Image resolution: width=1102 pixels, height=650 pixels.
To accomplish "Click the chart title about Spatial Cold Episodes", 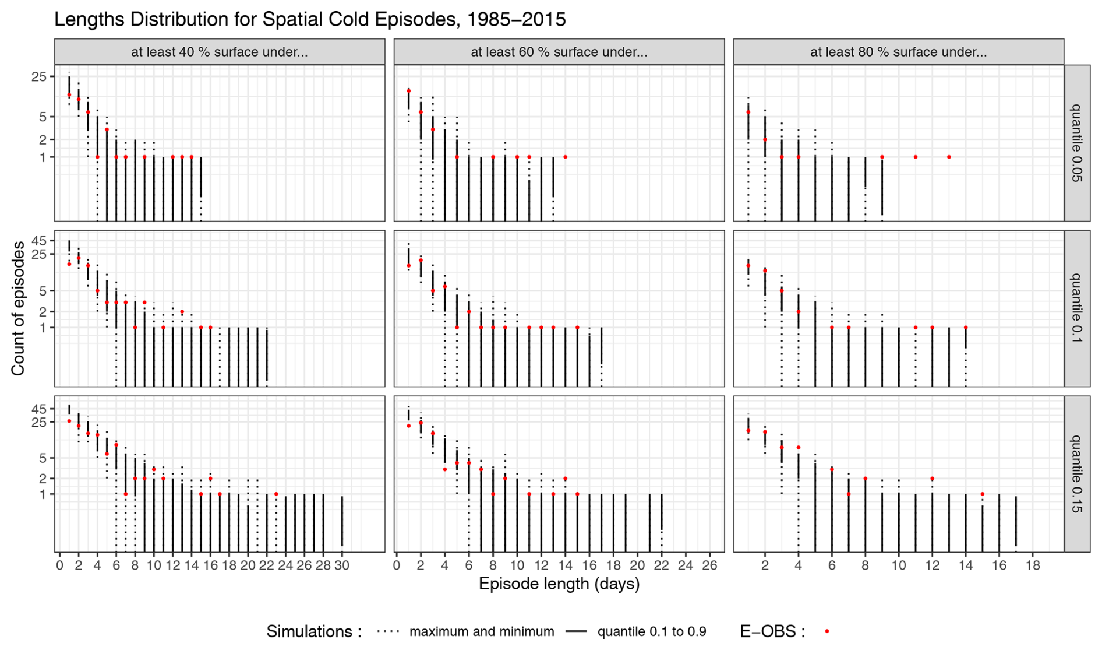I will click(x=310, y=19).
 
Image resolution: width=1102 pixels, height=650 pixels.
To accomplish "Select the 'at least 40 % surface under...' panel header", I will click(x=220, y=52).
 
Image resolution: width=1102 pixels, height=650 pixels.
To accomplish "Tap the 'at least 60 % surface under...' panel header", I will click(x=559, y=52).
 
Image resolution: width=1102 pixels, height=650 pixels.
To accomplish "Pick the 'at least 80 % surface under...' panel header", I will click(x=898, y=52).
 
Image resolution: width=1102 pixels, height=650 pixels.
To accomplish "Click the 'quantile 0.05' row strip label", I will click(x=1077, y=143).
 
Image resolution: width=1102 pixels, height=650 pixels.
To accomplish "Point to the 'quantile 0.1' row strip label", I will click(x=1077, y=308).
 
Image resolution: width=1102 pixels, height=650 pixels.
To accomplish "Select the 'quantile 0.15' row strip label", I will click(x=1077, y=473).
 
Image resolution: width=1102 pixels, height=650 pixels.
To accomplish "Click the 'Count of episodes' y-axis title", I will click(x=18, y=308).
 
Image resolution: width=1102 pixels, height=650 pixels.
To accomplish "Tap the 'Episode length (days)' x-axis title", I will click(x=559, y=584).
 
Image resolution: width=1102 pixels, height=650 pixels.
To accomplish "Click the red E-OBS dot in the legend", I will click(x=827, y=631).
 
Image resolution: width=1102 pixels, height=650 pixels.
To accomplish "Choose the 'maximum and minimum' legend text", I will click(x=482, y=631).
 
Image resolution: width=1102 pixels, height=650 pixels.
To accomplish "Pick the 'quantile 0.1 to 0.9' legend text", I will click(x=652, y=631).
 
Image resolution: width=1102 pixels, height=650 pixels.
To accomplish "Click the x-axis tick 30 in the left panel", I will click(x=342, y=565).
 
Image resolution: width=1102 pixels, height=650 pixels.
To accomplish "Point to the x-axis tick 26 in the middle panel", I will click(x=709, y=565).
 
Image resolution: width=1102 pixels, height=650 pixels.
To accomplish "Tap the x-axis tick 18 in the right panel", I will click(x=1033, y=565).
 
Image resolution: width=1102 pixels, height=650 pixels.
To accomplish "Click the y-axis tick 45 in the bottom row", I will click(x=38, y=408).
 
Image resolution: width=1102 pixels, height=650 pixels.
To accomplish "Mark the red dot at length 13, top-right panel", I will click(x=949, y=157).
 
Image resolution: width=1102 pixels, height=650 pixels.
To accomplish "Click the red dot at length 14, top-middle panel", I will click(x=566, y=157).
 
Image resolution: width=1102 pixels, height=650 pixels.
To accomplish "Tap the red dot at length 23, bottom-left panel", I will click(x=276, y=494).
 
